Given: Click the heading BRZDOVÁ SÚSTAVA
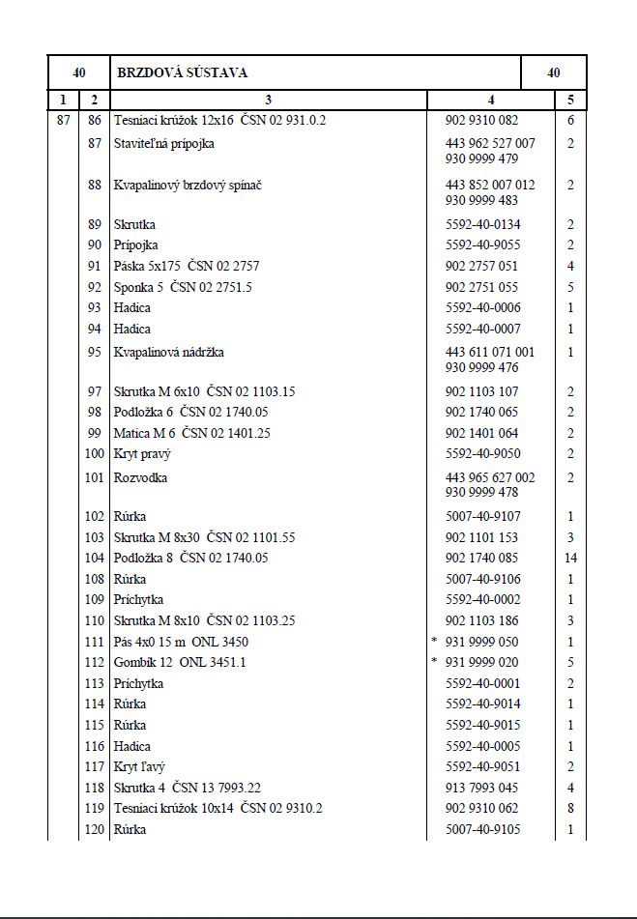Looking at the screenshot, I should coord(182,72).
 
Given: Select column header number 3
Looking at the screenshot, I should coord(269,99).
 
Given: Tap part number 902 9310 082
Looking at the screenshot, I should coord(481,121).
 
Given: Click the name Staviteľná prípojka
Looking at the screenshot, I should coord(163,143).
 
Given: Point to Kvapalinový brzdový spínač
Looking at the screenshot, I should coord(188,185).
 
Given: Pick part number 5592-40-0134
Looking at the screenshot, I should coord(483,224).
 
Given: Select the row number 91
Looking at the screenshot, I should coord(94,266).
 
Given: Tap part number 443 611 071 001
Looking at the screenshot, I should coord(489,352).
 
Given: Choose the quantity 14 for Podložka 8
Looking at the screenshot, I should coord(570,558).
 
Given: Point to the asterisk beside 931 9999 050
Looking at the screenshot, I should coord(434,642).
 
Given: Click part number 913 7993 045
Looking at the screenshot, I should coord(481,788).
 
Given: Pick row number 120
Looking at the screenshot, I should coord(94,829).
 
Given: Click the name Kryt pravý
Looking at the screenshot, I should coord(141,453).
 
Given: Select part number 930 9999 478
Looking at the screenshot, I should coord(481,493).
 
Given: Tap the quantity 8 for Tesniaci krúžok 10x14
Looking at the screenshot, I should coord(570,808).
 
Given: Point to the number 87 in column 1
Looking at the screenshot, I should coord(64,121).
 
